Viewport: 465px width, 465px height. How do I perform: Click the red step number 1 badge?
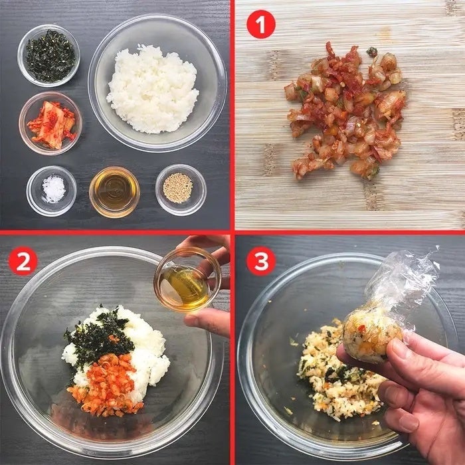[x=261, y=24]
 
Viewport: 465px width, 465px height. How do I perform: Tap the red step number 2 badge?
[x=23, y=260]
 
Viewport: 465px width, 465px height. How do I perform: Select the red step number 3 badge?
[x=261, y=261]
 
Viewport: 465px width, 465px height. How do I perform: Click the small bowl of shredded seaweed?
[x=48, y=55]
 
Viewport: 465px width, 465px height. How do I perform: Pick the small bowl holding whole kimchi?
[x=50, y=123]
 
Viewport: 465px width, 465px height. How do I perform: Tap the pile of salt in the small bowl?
[x=54, y=189]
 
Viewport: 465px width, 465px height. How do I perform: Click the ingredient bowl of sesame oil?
[x=114, y=192]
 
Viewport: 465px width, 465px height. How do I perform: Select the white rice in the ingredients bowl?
[x=153, y=89]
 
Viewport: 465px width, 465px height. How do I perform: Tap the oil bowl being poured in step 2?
[x=187, y=280]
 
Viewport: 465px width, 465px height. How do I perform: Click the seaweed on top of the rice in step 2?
[x=100, y=337]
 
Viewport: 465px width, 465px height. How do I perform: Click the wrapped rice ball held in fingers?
[x=372, y=335]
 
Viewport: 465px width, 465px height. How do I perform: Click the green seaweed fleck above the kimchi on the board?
[x=371, y=52]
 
